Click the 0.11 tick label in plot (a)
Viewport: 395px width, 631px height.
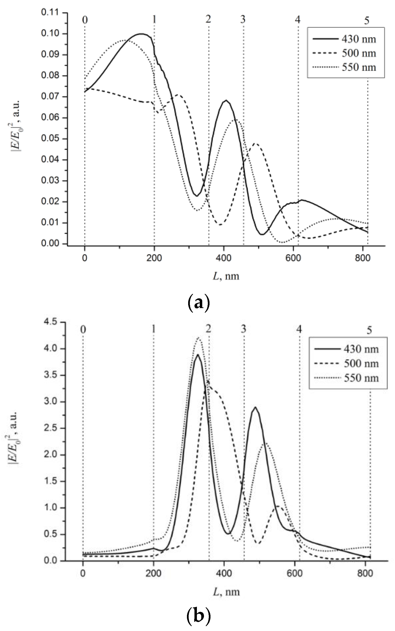tap(51, 12)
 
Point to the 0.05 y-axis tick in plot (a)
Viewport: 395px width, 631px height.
tap(51, 138)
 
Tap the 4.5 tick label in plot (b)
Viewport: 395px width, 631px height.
tap(51, 322)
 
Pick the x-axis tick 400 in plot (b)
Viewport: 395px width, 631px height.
tap(224, 573)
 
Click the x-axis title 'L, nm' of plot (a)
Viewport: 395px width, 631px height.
tap(226, 276)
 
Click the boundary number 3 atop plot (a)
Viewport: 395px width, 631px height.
tap(243, 19)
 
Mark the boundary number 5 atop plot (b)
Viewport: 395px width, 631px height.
tap(369, 330)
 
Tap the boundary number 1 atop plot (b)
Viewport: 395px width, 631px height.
tap(154, 329)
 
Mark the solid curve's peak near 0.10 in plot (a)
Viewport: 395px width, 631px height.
tap(141, 34)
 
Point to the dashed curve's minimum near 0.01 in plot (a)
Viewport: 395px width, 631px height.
tap(220, 225)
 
